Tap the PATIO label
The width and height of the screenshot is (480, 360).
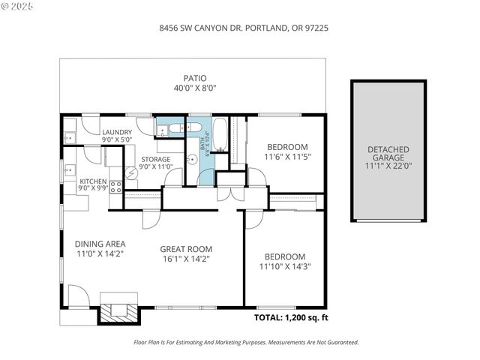pos(195,78)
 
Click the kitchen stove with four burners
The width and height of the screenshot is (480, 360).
pos(116,187)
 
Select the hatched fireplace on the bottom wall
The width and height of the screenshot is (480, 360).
pos(118,310)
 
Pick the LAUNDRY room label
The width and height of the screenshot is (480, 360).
pos(117,132)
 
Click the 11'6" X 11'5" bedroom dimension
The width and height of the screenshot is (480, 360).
pos(286,157)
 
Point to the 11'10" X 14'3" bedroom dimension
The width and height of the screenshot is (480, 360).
pos(284,266)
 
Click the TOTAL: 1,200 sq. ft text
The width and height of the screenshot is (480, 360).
pos(291,318)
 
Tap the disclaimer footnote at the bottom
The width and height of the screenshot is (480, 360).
pos(246,342)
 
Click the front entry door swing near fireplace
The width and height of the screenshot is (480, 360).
pos(78,295)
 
